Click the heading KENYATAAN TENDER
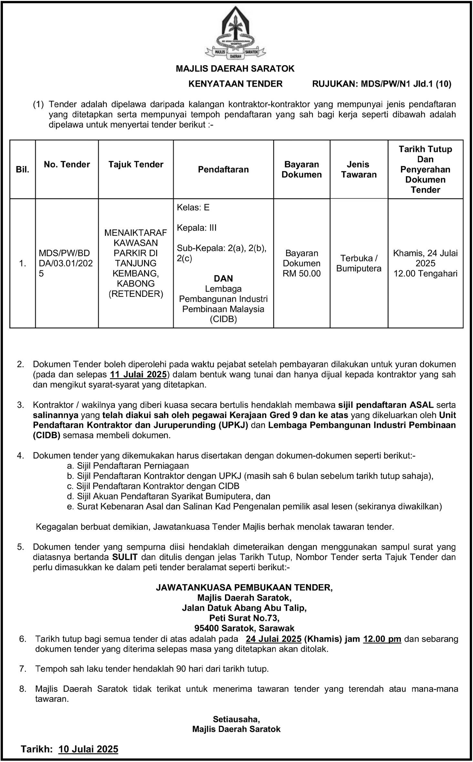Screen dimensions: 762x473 pyautogui.click(x=235, y=84)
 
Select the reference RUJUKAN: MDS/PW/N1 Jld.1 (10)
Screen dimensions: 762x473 pyautogui.click(x=382, y=84)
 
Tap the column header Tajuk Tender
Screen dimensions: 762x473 pyautogui.click(x=136, y=165)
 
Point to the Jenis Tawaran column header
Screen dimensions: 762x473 pyautogui.click(x=359, y=169)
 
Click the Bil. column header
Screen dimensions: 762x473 pyautogui.click(x=23, y=170)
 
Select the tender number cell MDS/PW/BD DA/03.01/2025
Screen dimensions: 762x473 pyautogui.click(x=66, y=263)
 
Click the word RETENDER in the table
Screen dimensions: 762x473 pyautogui.click(x=136, y=294)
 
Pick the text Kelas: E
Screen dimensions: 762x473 pyautogui.click(x=193, y=207)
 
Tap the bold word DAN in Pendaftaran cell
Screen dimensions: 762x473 pyautogui.click(x=223, y=278)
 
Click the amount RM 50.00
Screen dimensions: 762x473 pyautogui.click(x=302, y=274)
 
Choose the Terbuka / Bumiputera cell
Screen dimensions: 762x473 pyautogui.click(x=359, y=263)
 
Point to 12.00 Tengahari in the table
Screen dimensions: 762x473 pyautogui.click(x=425, y=274)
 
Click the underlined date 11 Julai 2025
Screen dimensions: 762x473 pyautogui.click(x=139, y=375)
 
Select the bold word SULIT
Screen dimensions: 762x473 pyautogui.click(x=125, y=557)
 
